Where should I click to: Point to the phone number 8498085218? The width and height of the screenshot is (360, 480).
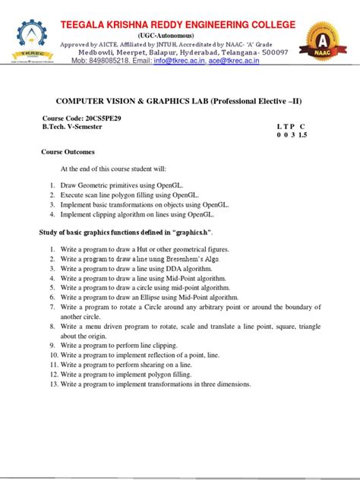[122, 61]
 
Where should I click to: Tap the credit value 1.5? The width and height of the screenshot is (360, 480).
[302, 134]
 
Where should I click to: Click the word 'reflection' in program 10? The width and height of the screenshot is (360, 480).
[175, 355]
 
